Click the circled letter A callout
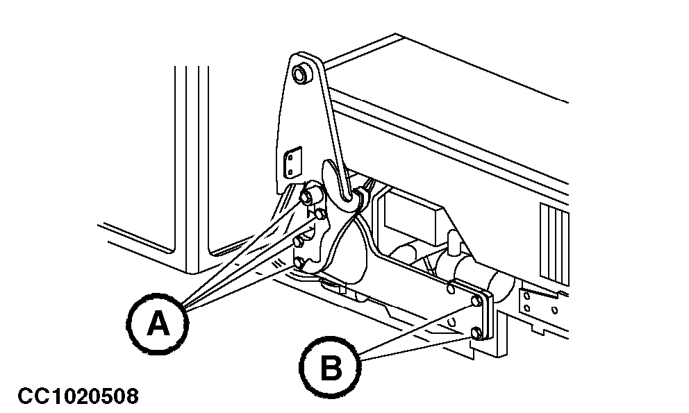tap(158, 322)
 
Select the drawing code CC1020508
tap(78, 396)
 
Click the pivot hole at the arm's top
tap(302, 74)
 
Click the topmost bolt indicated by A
tap(306, 196)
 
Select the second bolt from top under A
tap(319, 215)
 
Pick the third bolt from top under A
tap(299, 242)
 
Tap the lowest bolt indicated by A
tap(299, 263)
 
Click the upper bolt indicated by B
tap(475, 301)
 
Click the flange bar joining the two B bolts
tap(485, 317)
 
